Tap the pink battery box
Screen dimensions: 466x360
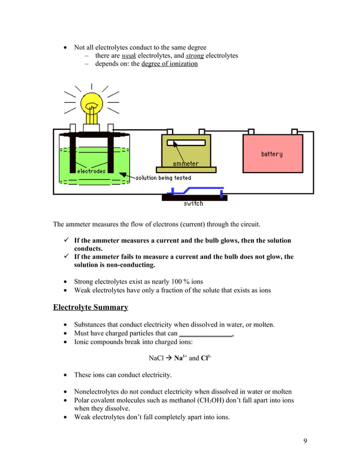point(271,153)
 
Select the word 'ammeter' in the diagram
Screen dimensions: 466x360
point(185,164)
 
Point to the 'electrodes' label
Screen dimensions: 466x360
point(91,171)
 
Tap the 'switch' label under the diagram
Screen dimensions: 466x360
point(193,204)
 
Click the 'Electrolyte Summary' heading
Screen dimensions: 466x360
point(90,307)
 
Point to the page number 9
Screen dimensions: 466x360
point(305,441)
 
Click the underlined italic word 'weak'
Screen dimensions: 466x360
point(129,56)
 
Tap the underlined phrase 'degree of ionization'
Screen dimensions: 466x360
point(169,64)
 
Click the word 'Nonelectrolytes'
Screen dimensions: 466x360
point(99,392)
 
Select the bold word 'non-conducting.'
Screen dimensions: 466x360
point(125,265)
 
